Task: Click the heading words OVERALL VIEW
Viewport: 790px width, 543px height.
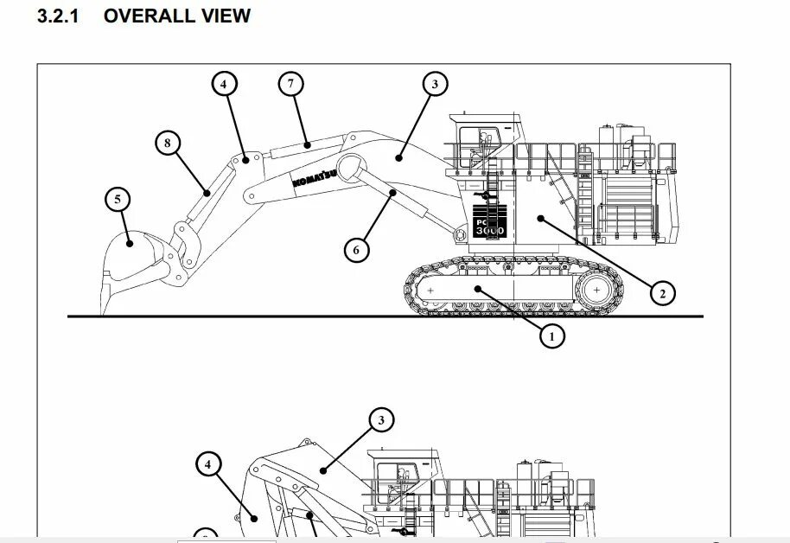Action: (x=177, y=16)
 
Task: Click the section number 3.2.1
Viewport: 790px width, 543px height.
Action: (x=58, y=16)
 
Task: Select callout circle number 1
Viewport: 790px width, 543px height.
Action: (x=551, y=335)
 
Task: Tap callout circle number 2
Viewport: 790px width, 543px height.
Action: (x=662, y=293)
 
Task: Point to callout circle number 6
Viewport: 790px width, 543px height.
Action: (x=356, y=251)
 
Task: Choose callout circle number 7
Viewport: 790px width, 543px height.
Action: (x=291, y=84)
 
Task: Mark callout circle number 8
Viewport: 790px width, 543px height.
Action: (x=168, y=143)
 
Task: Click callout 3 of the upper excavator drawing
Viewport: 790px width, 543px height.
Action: (x=435, y=84)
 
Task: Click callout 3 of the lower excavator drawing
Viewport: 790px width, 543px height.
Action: (x=380, y=421)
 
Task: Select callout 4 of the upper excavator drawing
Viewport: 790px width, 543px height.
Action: (x=223, y=84)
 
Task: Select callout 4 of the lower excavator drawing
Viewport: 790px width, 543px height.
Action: (x=207, y=464)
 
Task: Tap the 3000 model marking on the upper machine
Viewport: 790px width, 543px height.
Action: (x=489, y=231)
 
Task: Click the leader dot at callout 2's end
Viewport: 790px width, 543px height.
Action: (x=540, y=219)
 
